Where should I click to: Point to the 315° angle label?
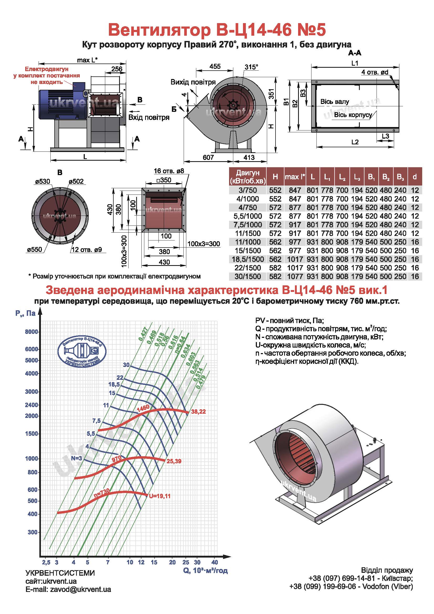click(251, 67)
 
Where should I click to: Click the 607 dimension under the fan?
click(208, 157)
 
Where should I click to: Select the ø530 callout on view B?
click(43, 181)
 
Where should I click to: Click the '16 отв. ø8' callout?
click(169, 171)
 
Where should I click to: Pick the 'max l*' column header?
click(295, 177)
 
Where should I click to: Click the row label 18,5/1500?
click(248, 259)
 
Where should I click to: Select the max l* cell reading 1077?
click(295, 276)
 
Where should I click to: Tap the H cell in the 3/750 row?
click(275, 190)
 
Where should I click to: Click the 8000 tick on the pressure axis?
click(31, 332)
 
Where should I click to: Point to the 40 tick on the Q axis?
click(215, 562)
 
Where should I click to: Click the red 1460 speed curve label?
click(143, 409)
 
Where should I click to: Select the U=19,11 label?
click(160, 496)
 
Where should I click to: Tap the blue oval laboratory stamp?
click(82, 351)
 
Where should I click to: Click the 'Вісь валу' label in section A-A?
click(335, 102)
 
